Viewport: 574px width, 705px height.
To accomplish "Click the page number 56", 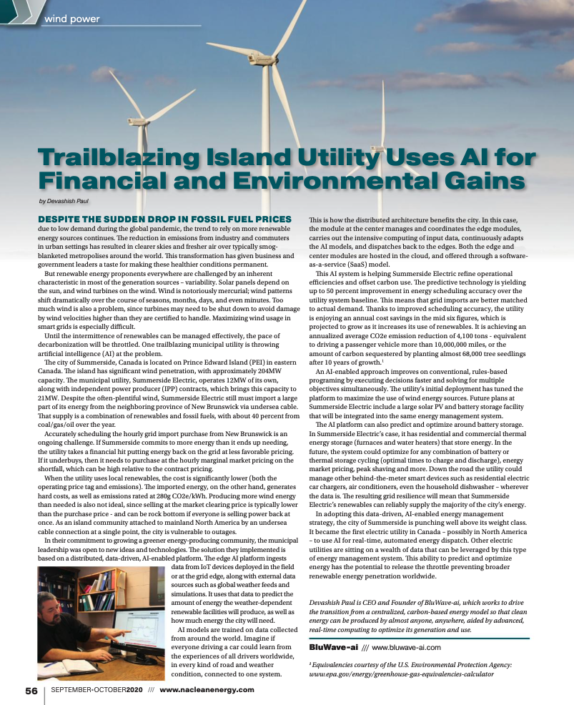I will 31,690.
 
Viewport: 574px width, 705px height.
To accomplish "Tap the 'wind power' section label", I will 71,18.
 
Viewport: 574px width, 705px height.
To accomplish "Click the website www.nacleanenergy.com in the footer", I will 207,690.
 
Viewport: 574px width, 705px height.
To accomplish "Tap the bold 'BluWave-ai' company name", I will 333,647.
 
